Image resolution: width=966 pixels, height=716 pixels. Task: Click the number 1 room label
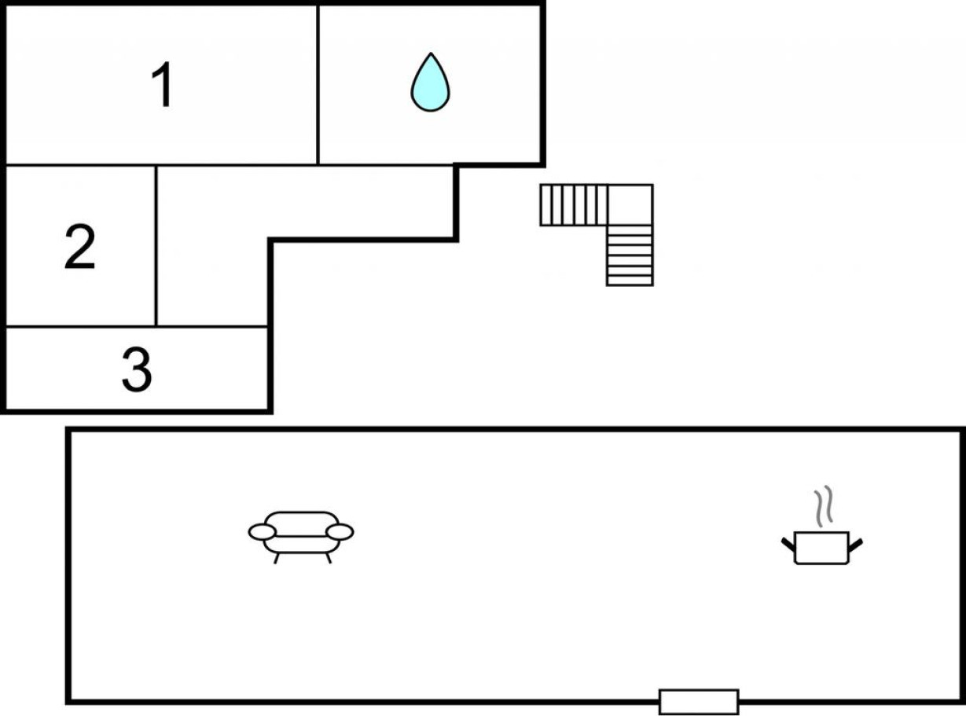pyautogui.click(x=162, y=84)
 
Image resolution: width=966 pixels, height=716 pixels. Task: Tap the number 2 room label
pyautogui.click(x=80, y=247)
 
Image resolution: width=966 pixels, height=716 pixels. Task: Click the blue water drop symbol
pyautogui.click(x=430, y=83)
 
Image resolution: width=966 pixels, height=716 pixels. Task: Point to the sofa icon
pyautogui.click(x=301, y=538)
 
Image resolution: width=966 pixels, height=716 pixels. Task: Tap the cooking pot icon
pyautogui.click(x=822, y=548)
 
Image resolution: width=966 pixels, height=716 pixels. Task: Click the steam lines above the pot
pyautogui.click(x=824, y=505)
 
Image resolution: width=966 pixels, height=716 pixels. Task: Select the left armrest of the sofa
pyautogui.click(x=263, y=532)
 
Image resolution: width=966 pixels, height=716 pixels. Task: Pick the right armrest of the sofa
pyautogui.click(x=340, y=532)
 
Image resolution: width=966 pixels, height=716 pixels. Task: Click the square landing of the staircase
pyautogui.click(x=630, y=205)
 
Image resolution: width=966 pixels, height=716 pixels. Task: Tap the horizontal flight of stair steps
pyautogui.click(x=574, y=205)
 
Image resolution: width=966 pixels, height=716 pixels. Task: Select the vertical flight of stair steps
pyautogui.click(x=630, y=255)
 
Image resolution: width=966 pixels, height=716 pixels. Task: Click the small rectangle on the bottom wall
pyautogui.click(x=699, y=702)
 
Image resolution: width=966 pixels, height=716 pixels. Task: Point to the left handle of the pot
pyautogui.click(x=788, y=545)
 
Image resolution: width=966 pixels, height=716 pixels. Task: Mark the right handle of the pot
pyautogui.click(x=855, y=545)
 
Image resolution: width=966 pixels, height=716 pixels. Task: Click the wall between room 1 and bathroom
pyautogui.click(x=318, y=85)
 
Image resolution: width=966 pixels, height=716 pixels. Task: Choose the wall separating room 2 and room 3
pyautogui.click(x=81, y=325)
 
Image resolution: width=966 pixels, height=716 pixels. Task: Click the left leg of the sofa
pyautogui.click(x=277, y=558)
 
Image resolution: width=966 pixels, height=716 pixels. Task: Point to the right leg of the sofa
pyautogui.click(x=329, y=558)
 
